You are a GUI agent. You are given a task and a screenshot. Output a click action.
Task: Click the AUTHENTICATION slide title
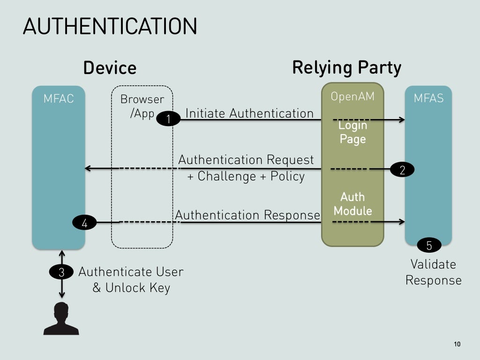pos(110,26)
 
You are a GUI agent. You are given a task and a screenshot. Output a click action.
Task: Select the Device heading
pos(110,68)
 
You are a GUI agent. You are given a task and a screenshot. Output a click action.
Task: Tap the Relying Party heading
pos(346,67)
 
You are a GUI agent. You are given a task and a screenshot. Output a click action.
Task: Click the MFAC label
pos(59,99)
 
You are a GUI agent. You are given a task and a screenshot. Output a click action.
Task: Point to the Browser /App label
pos(142,106)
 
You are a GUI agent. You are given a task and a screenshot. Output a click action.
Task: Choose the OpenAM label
pos(352,97)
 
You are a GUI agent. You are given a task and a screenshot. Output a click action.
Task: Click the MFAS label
pos(428,99)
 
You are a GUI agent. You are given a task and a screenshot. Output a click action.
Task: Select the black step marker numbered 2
pos(402,170)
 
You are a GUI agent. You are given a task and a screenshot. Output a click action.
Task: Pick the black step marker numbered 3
pos(61,272)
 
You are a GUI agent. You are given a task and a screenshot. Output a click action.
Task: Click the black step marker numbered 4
pos(84,223)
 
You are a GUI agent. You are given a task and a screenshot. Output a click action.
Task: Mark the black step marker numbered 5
pos(428,245)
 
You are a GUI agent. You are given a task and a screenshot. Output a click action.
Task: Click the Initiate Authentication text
pos(249,113)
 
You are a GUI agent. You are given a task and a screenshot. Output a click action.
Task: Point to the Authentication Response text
pos(247,215)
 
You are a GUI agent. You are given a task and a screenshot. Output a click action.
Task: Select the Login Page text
pos(352,132)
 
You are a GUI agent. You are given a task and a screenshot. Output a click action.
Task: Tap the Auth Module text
pos(352,204)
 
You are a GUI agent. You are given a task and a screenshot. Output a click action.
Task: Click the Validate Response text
pos(433,272)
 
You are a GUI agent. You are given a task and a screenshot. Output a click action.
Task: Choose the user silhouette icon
pos(61,319)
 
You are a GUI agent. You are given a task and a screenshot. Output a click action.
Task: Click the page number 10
pos(457,345)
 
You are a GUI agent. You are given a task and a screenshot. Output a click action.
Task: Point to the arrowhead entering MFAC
pos(88,168)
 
